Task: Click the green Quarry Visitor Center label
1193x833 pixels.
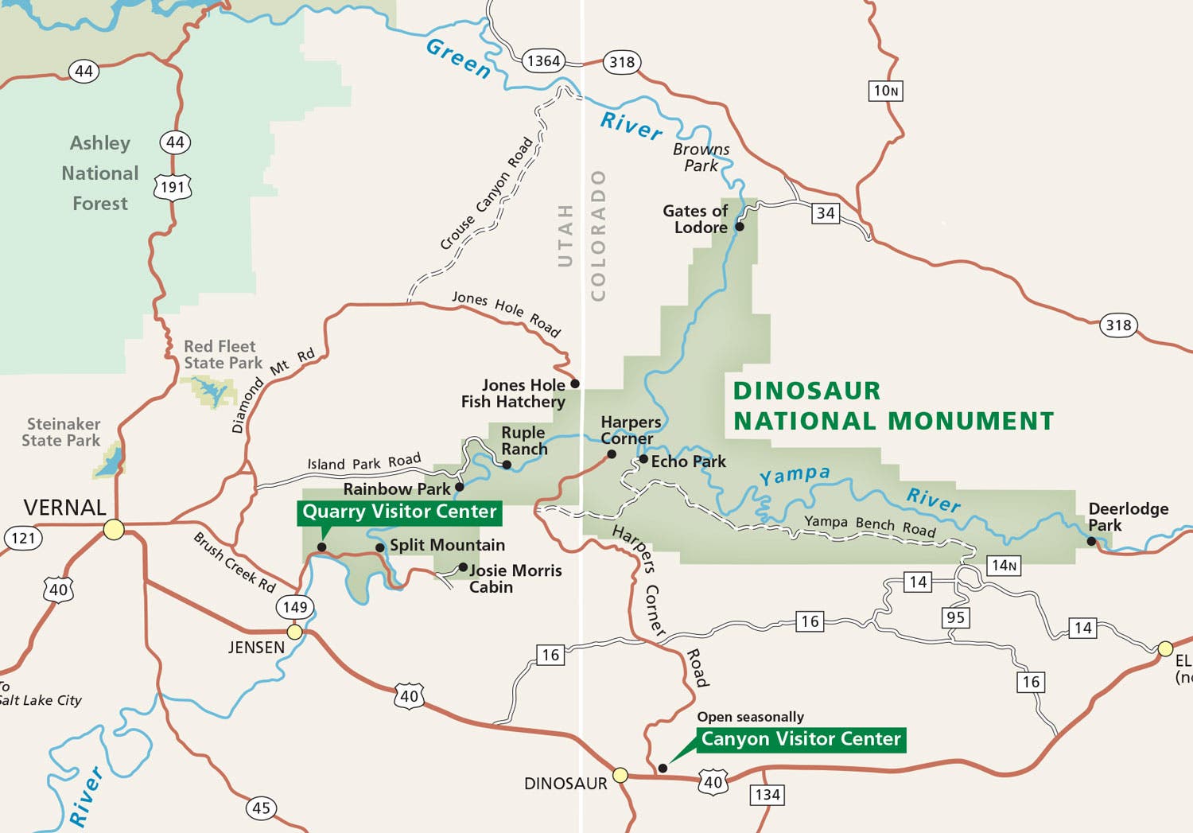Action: click(399, 512)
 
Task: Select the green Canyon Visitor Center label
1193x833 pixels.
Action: click(800, 739)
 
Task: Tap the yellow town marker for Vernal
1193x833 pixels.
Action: click(114, 529)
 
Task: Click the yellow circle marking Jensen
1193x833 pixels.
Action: click(294, 632)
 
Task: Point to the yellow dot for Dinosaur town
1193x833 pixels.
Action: click(620, 775)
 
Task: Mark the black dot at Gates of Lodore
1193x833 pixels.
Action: click(739, 227)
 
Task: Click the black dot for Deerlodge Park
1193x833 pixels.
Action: click(1091, 541)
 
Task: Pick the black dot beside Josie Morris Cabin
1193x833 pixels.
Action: click(463, 567)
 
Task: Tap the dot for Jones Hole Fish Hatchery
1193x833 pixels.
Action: click(575, 383)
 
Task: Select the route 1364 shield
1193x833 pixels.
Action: click(543, 60)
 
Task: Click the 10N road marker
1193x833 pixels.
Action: click(886, 91)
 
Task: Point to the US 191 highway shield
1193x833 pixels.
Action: click(173, 187)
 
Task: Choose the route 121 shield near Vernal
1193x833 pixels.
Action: click(23, 538)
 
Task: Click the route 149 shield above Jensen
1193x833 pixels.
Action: click(295, 607)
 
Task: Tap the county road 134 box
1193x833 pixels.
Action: click(767, 795)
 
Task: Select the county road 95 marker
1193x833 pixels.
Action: click(956, 617)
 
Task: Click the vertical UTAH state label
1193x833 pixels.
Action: click(565, 235)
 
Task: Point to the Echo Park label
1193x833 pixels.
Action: click(688, 461)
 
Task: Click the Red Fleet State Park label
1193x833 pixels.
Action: click(222, 355)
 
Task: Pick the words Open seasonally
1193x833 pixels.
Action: click(750, 717)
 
